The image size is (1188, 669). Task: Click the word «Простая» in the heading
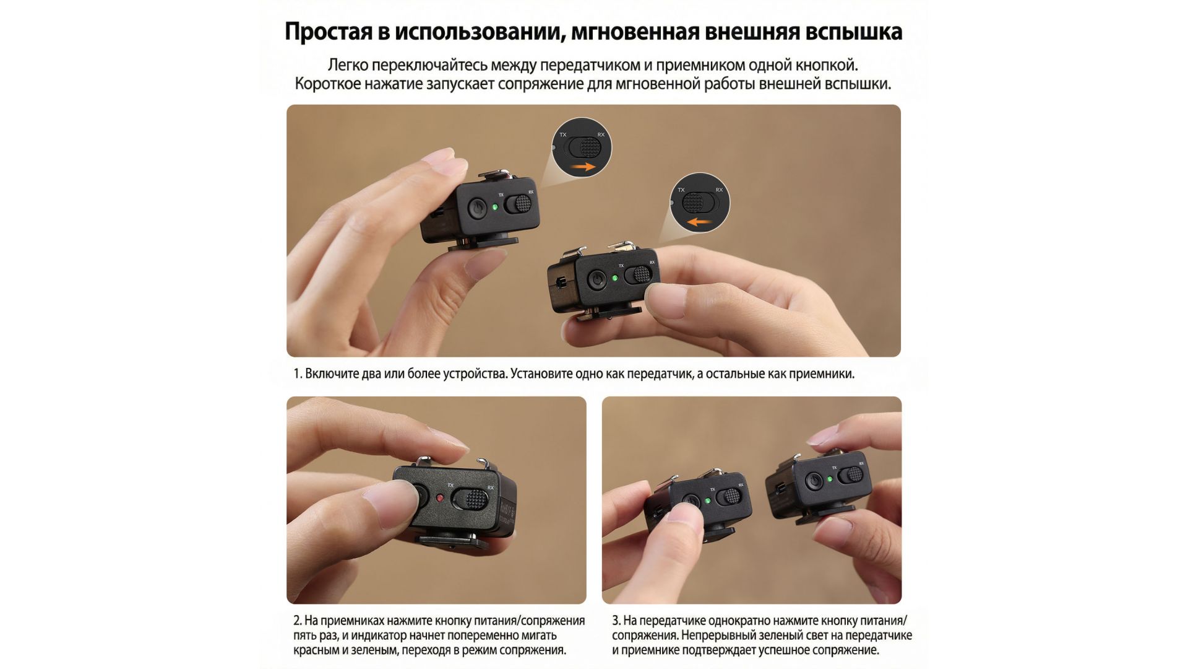327,32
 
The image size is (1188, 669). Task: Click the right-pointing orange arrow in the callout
583,167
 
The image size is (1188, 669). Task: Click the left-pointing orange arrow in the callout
701,222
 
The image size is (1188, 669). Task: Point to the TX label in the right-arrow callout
563,134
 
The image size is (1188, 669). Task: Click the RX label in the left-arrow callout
719,190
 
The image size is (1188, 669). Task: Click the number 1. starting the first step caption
298,374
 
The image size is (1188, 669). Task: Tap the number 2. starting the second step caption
298,621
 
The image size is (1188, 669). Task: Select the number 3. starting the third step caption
616,621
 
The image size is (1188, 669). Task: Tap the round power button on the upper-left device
476,208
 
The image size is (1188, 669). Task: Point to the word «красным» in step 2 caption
316,650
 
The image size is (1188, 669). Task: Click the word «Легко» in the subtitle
348,65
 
